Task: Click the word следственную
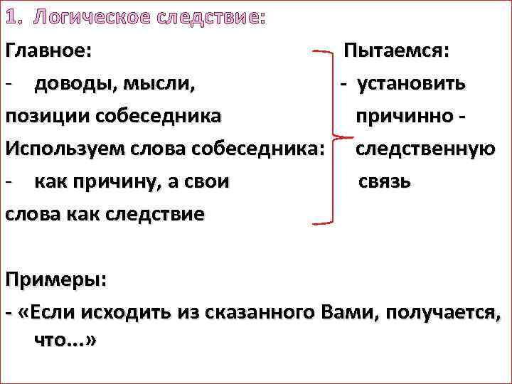click(425, 149)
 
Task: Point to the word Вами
click(347, 311)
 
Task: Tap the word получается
click(442, 311)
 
